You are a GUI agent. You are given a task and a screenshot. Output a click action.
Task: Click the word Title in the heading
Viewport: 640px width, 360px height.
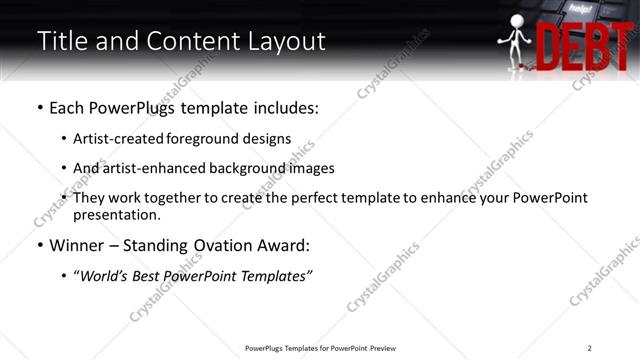tap(60, 42)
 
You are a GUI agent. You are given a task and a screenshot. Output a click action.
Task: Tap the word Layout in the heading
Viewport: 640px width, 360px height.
tap(284, 42)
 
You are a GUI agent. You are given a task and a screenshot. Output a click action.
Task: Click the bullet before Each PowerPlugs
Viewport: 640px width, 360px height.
tap(40, 108)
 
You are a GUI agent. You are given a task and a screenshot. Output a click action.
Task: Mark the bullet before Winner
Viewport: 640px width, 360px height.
tap(40, 246)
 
